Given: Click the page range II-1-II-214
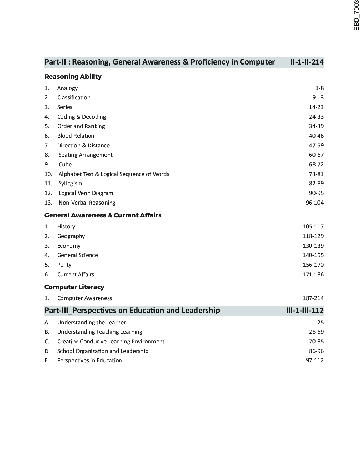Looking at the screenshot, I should [307, 62].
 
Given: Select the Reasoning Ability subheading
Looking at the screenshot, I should [73, 77].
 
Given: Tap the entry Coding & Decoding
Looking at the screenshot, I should [81, 117].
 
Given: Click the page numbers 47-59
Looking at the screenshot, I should [316, 145].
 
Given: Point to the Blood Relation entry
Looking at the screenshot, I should [76, 136].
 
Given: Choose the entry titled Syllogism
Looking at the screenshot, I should [70, 184].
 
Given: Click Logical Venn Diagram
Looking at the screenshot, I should [86, 193].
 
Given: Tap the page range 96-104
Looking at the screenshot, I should [314, 203].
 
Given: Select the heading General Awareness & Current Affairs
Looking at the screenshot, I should [103, 215].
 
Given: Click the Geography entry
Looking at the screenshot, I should [71, 236].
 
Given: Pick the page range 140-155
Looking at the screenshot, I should [313, 255].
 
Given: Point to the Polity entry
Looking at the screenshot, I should [64, 265].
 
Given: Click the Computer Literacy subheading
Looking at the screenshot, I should [74, 287].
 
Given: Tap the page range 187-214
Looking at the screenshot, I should [313, 298].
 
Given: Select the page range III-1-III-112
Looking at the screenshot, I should [305, 311].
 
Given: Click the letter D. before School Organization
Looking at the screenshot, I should [47, 351].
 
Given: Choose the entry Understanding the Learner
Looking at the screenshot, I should [91, 323].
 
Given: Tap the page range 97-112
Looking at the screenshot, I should [314, 361].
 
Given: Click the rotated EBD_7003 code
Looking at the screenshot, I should [356, 16].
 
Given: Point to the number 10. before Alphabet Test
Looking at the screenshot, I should [48, 174].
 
